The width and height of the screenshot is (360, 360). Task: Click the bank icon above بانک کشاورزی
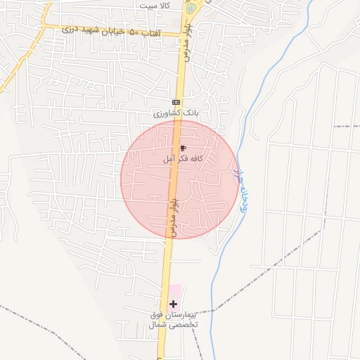coord(175,102)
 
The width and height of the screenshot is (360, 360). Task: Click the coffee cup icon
coord(183,148)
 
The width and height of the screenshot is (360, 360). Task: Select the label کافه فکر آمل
coord(183,159)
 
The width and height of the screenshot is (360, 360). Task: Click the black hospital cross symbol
coord(174,304)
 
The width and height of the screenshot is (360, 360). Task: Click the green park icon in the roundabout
coord(191,9)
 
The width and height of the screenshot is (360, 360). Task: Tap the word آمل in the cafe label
coord(169,159)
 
